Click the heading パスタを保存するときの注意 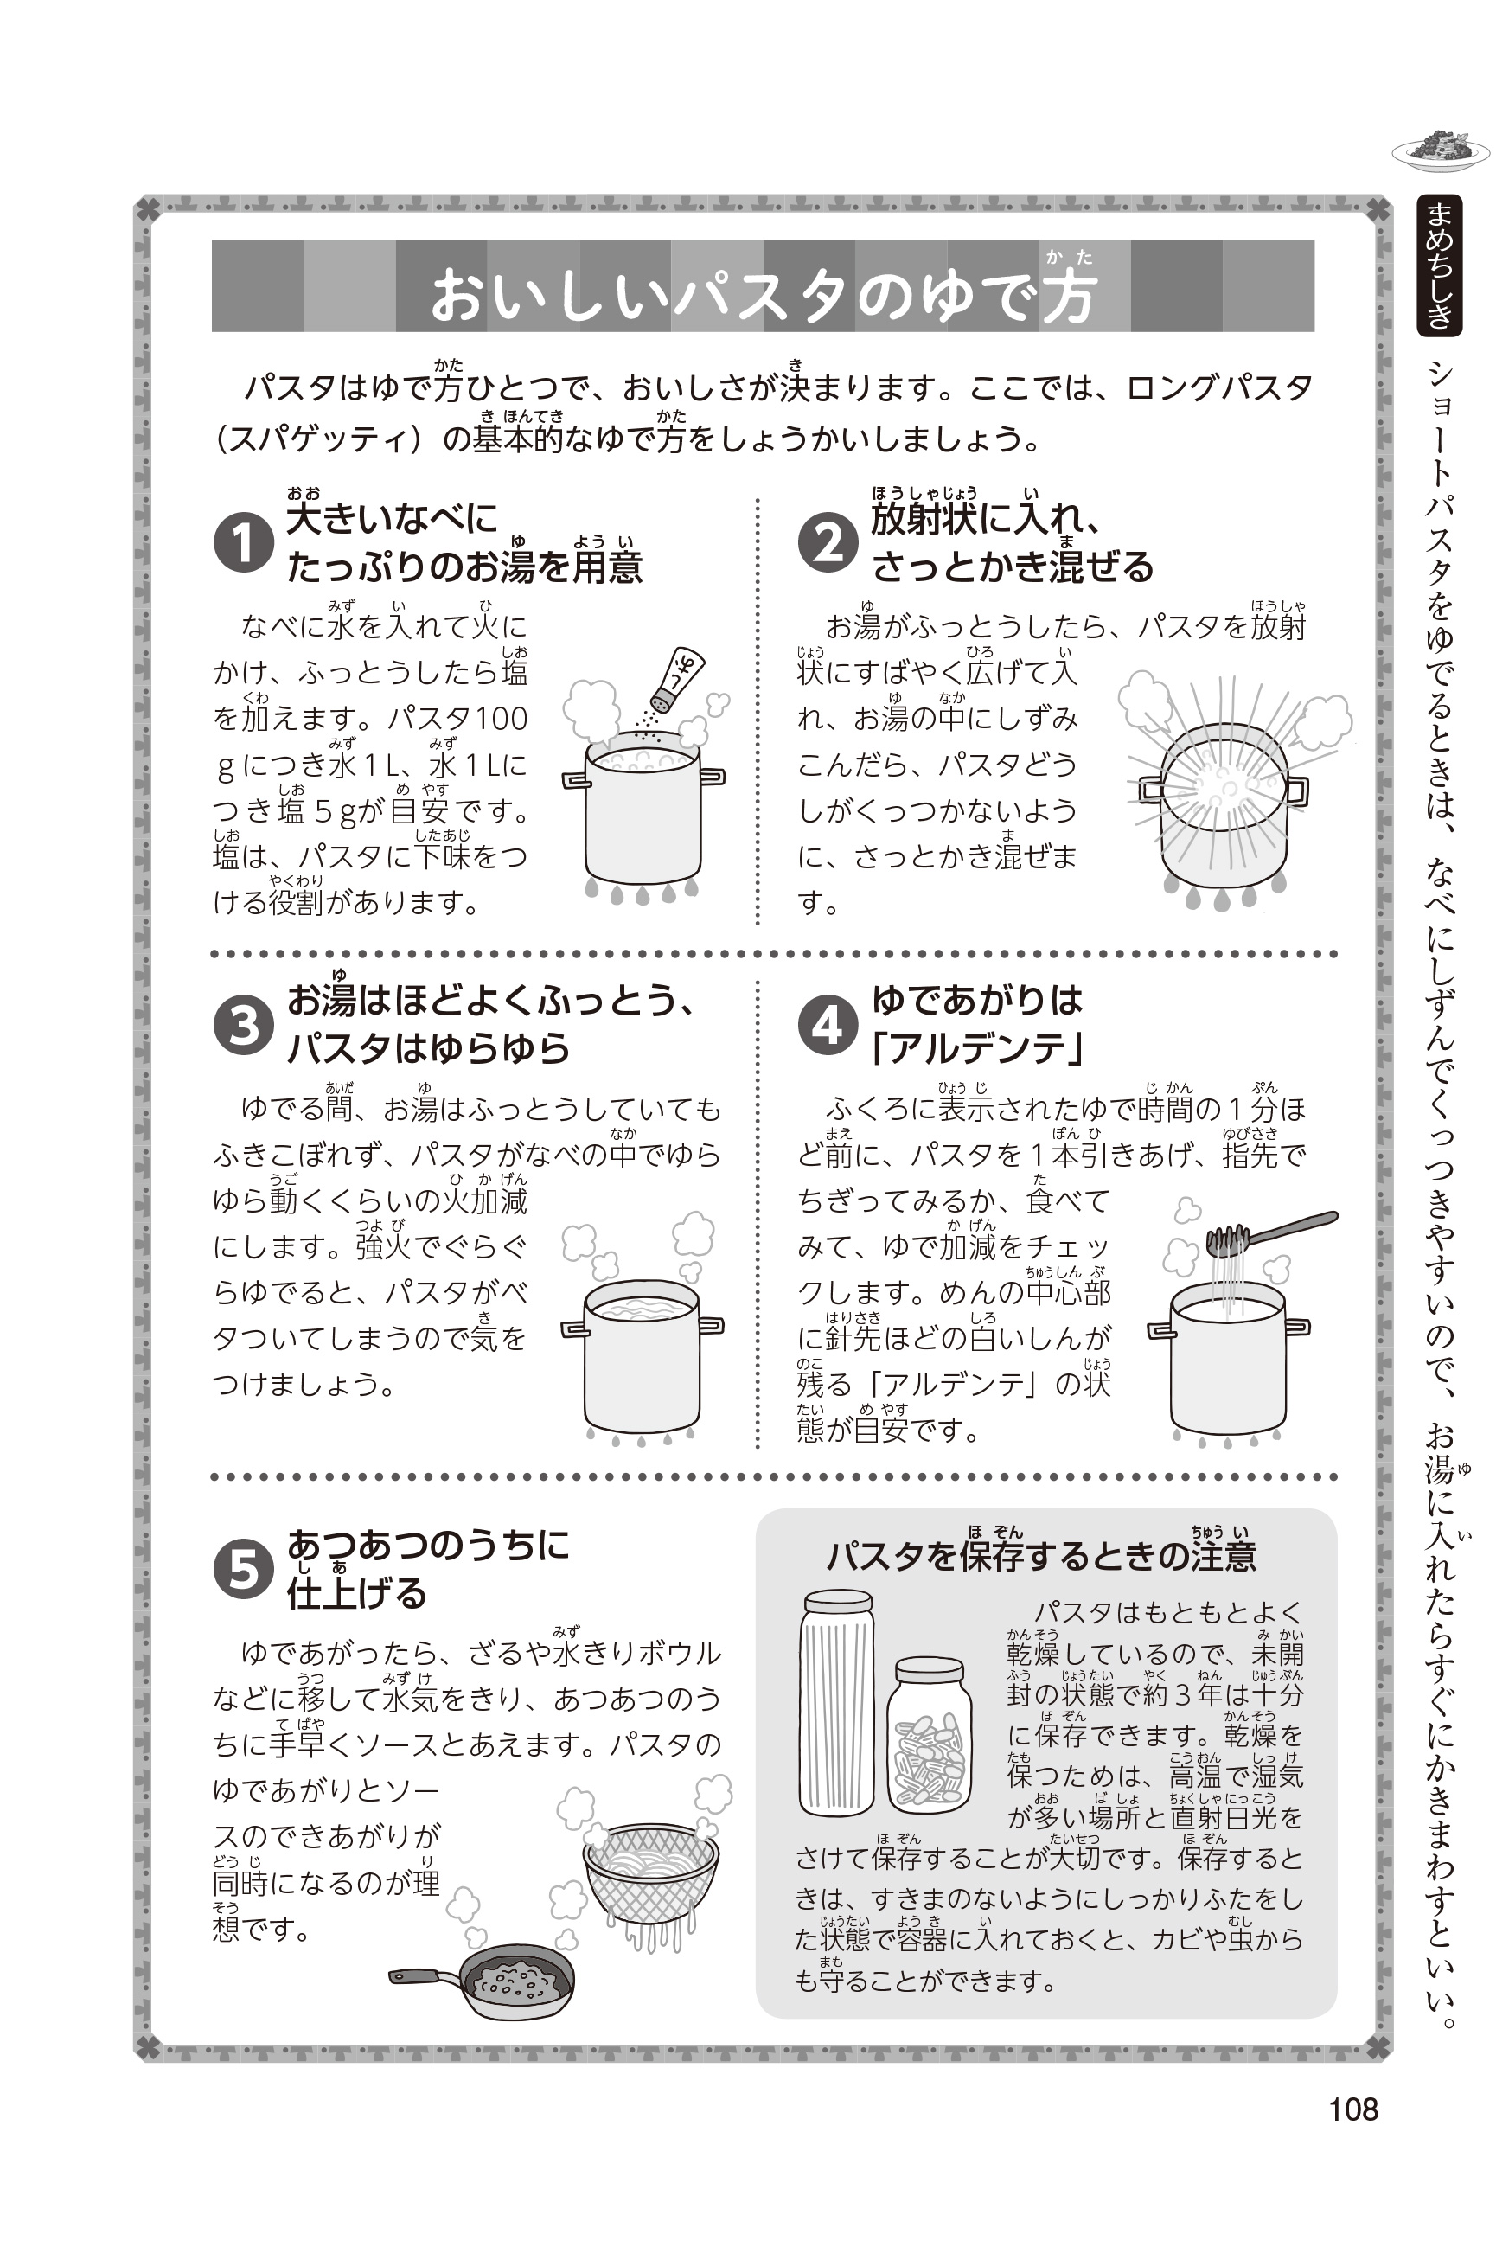click(x=1041, y=1555)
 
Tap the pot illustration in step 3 click(x=643, y=1355)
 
